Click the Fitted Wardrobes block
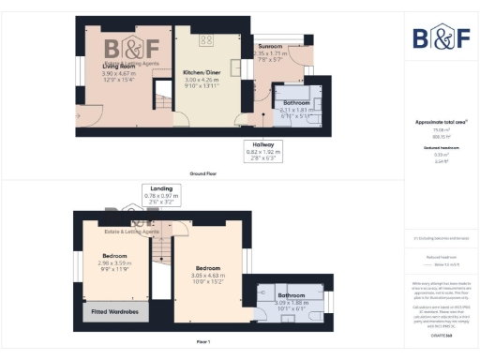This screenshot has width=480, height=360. [x=112, y=310]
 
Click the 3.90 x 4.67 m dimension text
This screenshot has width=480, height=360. [x=120, y=72]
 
